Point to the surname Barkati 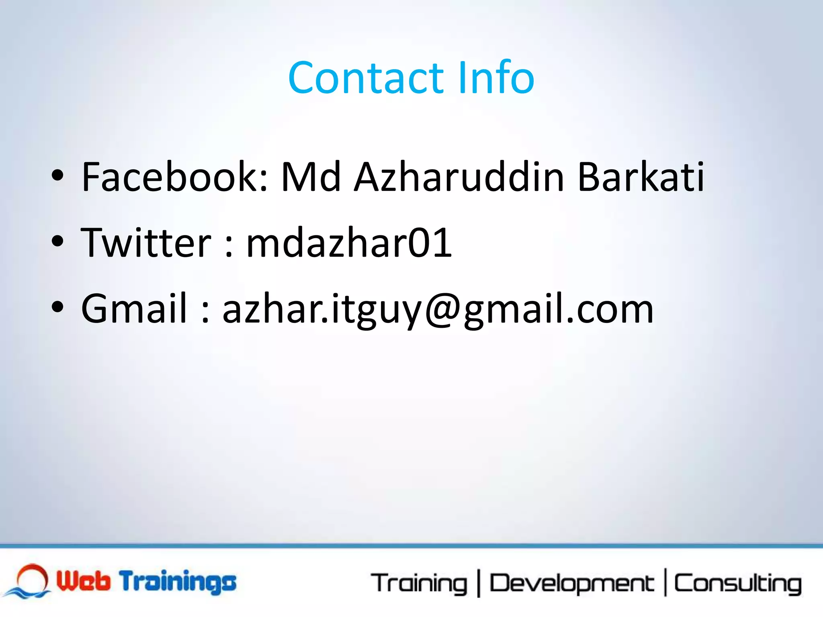click(x=641, y=177)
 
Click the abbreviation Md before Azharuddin click(x=311, y=177)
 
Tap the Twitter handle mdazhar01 click(x=349, y=243)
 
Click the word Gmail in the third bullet click(x=134, y=308)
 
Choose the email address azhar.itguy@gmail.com click(x=438, y=309)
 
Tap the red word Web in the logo click(x=83, y=581)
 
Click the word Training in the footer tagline click(x=419, y=584)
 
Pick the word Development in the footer click(x=571, y=584)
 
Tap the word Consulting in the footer click(x=737, y=584)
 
